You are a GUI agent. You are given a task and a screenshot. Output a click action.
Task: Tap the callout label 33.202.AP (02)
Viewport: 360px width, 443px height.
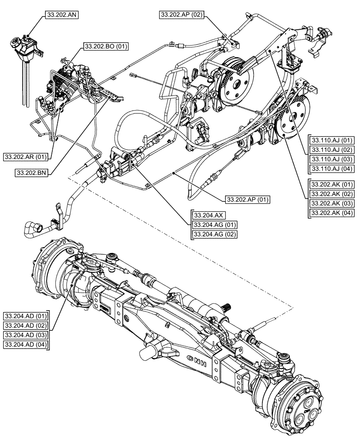181,15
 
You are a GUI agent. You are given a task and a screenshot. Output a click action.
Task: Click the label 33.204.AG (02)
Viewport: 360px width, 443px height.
214,233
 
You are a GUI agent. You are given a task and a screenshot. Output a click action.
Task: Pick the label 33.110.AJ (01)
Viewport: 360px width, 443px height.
332,139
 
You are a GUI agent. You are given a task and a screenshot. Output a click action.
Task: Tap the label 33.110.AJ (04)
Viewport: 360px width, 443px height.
332,168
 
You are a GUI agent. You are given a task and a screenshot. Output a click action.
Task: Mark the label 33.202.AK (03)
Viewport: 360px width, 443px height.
332,204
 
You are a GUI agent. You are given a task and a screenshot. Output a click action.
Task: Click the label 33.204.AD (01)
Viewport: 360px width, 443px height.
26,316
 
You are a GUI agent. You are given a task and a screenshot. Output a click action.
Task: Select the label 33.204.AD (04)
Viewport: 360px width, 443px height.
26,344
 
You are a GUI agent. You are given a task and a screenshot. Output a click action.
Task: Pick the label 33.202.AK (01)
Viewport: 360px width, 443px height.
332,184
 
